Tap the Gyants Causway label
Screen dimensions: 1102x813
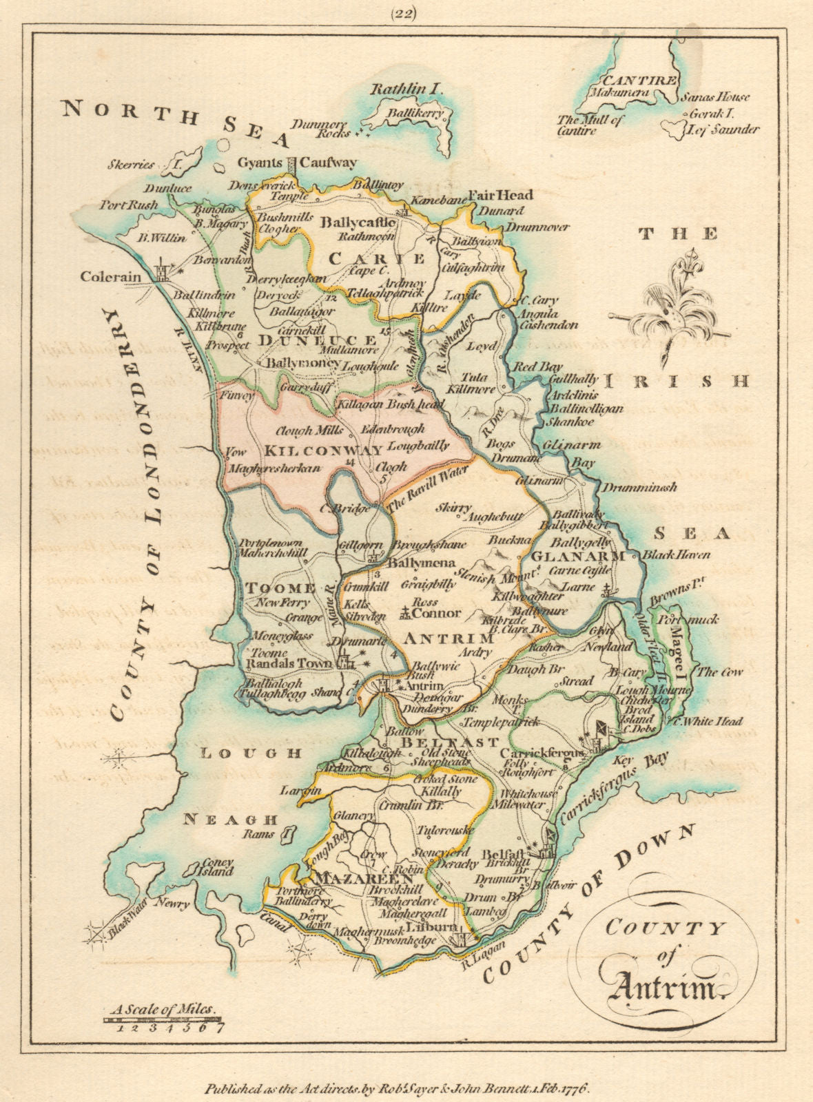point(297,163)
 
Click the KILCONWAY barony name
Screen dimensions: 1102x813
point(323,450)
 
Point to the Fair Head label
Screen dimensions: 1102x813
point(500,195)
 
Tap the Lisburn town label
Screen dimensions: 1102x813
point(429,927)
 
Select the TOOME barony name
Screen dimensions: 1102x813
point(280,588)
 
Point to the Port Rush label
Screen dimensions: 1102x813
point(128,205)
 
